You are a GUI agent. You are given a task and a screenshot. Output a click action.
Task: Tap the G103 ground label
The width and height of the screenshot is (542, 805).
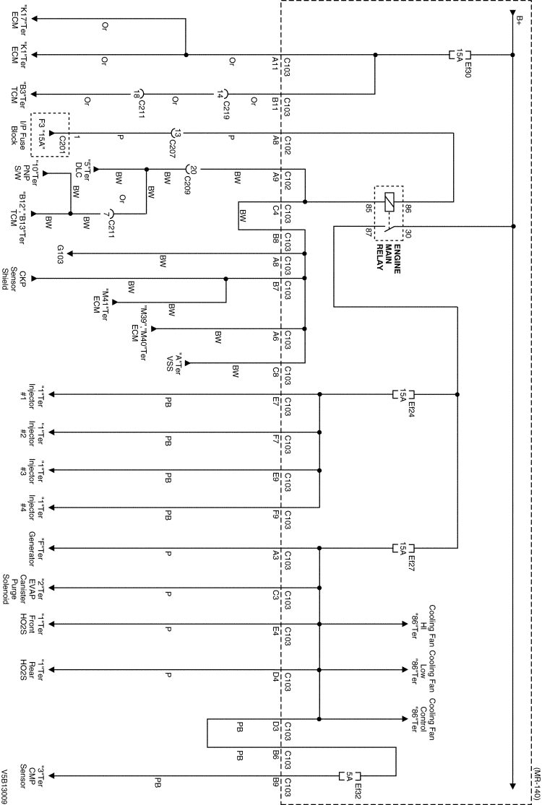point(61,253)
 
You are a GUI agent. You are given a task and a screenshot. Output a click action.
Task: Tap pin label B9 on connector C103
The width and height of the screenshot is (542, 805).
point(274,781)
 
